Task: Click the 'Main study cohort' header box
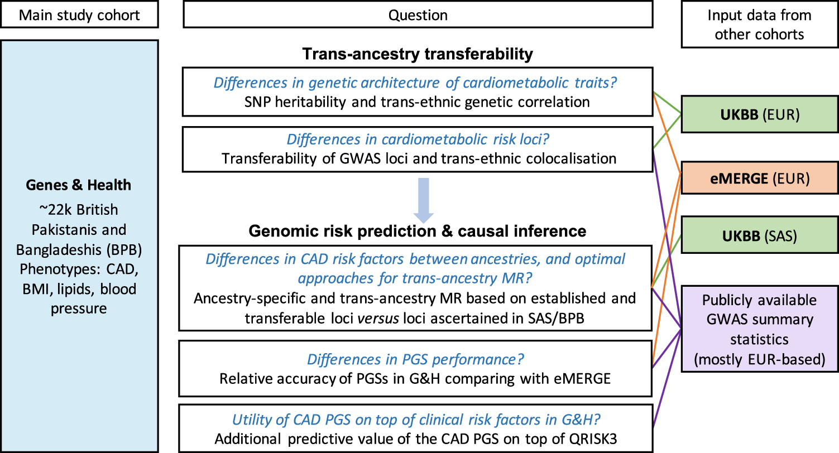(79, 15)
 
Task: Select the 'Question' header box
(418, 15)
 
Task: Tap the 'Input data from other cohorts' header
(759, 25)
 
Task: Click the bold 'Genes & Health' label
(79, 185)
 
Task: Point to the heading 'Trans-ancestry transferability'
(418, 54)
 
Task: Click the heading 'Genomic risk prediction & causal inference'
(418, 231)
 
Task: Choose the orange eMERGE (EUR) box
(759, 179)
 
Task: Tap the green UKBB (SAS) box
(759, 235)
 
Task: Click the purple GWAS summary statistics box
(759, 329)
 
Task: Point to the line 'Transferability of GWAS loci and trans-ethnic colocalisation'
(419, 158)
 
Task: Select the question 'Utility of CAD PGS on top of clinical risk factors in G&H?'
(416, 418)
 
